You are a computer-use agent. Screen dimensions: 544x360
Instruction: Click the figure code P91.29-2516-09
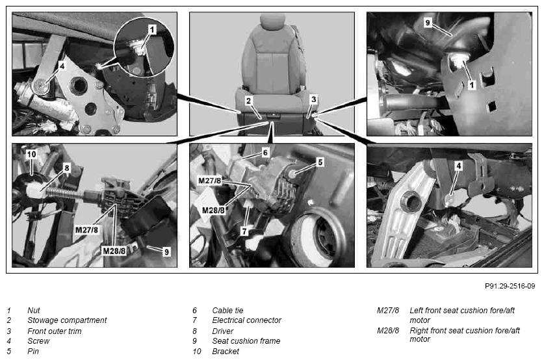click(x=510, y=286)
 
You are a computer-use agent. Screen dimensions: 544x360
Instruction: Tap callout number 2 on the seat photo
click(x=248, y=101)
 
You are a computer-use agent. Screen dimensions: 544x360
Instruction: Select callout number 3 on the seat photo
click(x=314, y=99)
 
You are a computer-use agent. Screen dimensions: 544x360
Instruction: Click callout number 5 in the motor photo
click(x=320, y=162)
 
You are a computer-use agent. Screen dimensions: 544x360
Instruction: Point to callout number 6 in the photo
click(x=265, y=153)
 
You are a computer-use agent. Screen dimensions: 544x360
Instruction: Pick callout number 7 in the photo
click(x=244, y=231)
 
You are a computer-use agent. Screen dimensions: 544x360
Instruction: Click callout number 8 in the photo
click(x=66, y=168)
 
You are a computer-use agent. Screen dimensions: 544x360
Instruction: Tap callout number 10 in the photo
click(x=31, y=154)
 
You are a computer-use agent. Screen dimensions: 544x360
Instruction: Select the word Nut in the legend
click(x=34, y=311)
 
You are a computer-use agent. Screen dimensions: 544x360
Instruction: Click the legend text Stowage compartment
click(x=67, y=320)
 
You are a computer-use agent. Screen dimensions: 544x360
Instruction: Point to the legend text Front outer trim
click(x=55, y=331)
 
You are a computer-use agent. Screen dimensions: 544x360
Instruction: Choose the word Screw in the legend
click(x=38, y=341)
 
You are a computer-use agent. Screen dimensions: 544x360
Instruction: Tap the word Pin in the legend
click(x=33, y=351)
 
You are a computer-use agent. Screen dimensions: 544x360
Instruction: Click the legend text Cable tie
click(x=227, y=311)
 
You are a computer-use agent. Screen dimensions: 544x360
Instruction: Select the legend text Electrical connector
click(x=247, y=320)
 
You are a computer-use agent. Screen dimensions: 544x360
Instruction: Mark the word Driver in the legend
click(x=222, y=331)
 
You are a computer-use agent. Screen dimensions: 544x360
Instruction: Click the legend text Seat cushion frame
click(x=246, y=341)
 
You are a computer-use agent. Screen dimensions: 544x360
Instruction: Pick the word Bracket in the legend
click(x=226, y=352)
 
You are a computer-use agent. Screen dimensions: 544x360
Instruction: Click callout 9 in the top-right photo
click(x=428, y=23)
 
